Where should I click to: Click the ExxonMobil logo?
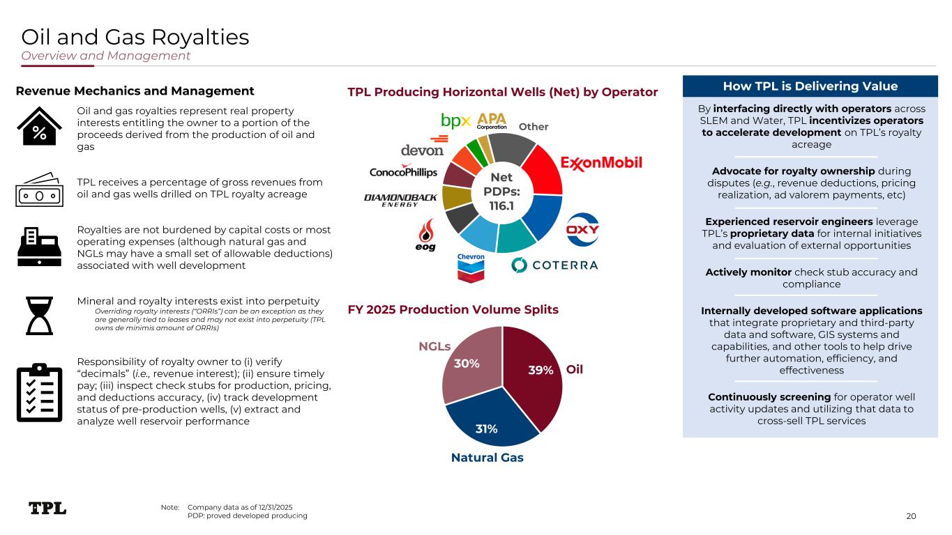pyautogui.click(x=601, y=164)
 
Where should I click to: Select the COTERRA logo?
pyautogui.click(x=555, y=265)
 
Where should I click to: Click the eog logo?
pyautogui.click(x=424, y=236)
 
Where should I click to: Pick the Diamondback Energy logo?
pyautogui.click(x=400, y=201)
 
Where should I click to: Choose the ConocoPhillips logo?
pyautogui.click(x=403, y=172)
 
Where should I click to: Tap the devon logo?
pyautogui.click(x=422, y=150)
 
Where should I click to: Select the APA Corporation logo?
pyautogui.click(x=492, y=121)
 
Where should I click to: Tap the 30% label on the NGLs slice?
pyautogui.click(x=467, y=364)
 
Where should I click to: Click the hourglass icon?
pyautogui.click(x=39, y=316)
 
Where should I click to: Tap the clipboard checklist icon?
pyautogui.click(x=39, y=393)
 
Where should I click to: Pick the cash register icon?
pyautogui.click(x=39, y=246)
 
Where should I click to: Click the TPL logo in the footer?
pyautogui.click(x=47, y=508)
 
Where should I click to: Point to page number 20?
pyautogui.click(x=911, y=515)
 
